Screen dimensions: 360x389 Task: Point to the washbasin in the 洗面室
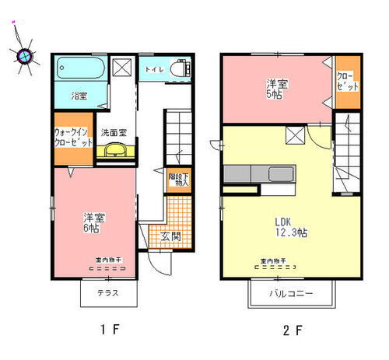(114, 150)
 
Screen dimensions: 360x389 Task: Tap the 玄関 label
(170, 236)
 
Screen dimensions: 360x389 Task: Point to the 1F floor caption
(109, 329)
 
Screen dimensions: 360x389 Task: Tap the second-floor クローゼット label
(347, 82)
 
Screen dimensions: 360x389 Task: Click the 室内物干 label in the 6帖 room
(107, 261)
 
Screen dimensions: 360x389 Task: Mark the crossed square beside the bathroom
(121, 68)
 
